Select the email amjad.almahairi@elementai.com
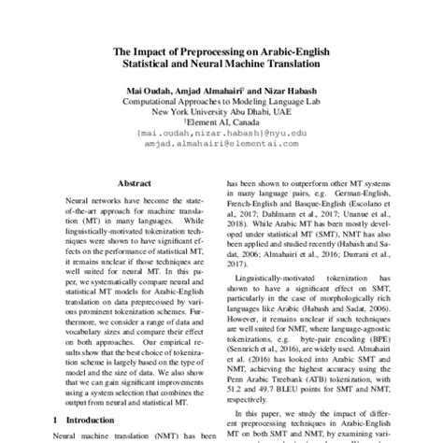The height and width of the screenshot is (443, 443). (x=221, y=145)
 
